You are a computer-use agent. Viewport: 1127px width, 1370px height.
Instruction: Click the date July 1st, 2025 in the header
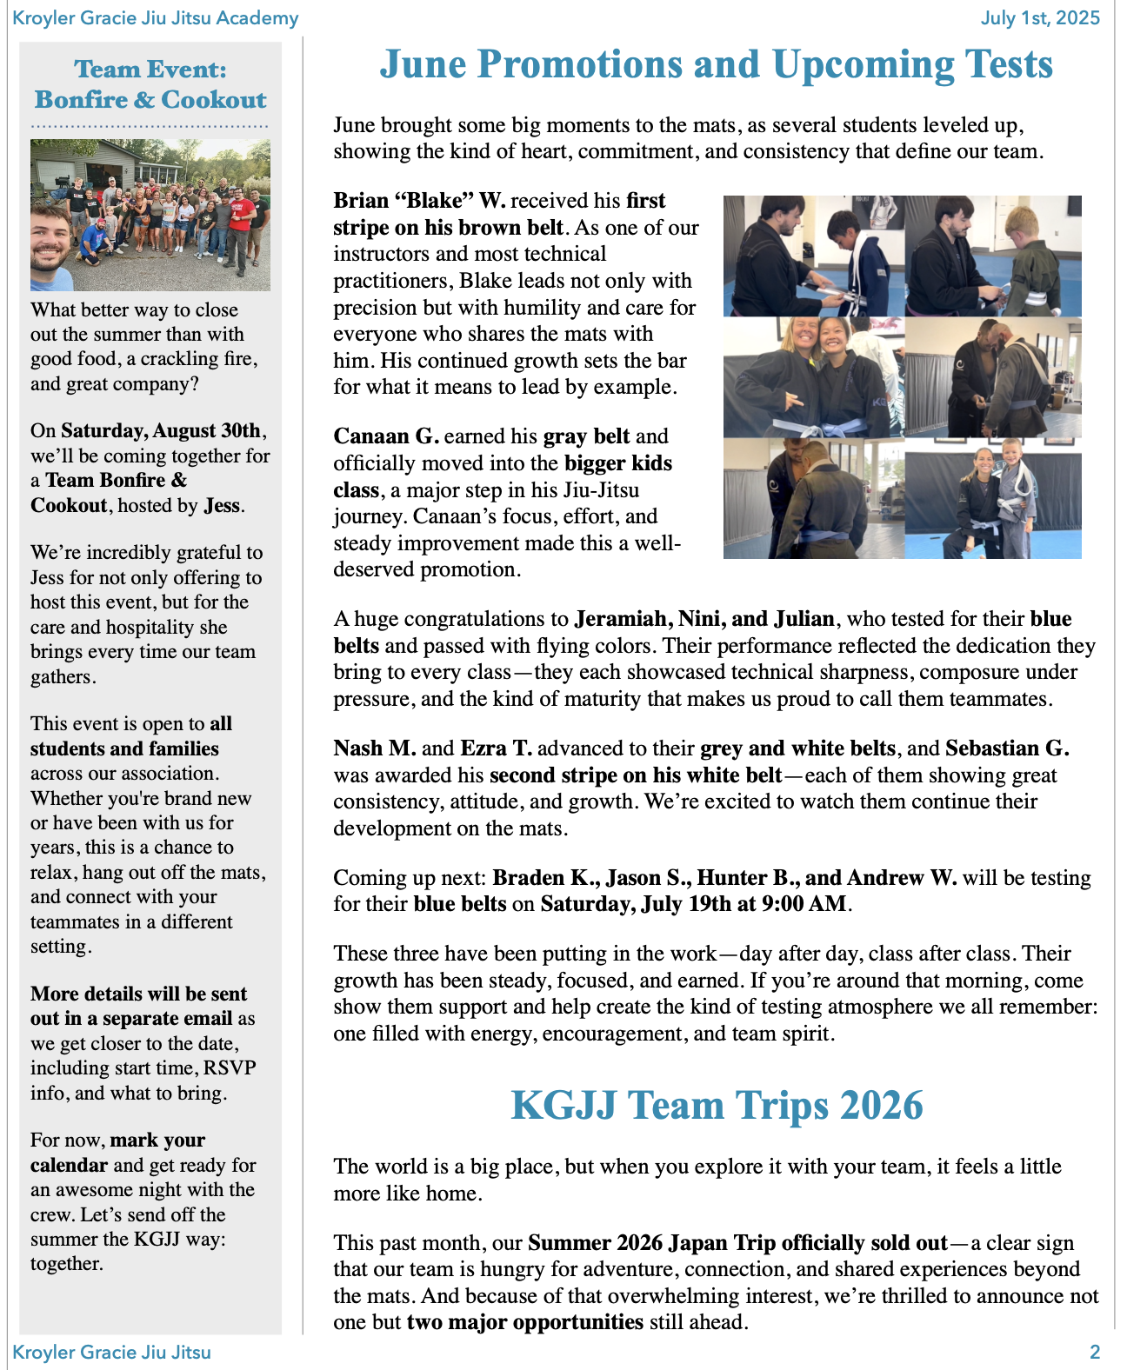(x=1040, y=17)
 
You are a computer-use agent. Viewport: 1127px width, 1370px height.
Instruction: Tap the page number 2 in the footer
(x=1095, y=1352)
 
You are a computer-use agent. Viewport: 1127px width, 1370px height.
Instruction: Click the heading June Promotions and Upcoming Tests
(x=716, y=64)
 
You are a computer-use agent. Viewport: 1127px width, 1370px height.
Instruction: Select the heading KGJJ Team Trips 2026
(x=717, y=1105)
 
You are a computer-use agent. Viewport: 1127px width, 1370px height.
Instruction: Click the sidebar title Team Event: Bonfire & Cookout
(x=150, y=84)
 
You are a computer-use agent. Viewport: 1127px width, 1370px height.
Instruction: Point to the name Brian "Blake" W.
(x=419, y=201)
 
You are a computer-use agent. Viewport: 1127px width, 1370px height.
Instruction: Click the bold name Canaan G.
(x=386, y=436)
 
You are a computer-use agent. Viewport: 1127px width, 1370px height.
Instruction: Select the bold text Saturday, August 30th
(x=161, y=431)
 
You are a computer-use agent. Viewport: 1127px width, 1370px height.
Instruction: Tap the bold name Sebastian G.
(x=1007, y=748)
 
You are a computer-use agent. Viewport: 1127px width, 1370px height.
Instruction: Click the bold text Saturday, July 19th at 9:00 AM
(x=693, y=904)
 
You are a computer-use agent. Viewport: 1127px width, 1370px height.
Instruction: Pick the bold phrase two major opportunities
(x=525, y=1322)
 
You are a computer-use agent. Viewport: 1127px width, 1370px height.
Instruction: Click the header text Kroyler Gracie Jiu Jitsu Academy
(x=156, y=17)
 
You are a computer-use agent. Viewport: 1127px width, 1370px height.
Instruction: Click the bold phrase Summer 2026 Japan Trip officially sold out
(x=737, y=1243)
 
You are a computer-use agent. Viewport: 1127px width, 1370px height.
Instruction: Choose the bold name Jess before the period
(x=221, y=506)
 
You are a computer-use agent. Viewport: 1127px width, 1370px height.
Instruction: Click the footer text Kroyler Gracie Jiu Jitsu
(x=111, y=1352)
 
